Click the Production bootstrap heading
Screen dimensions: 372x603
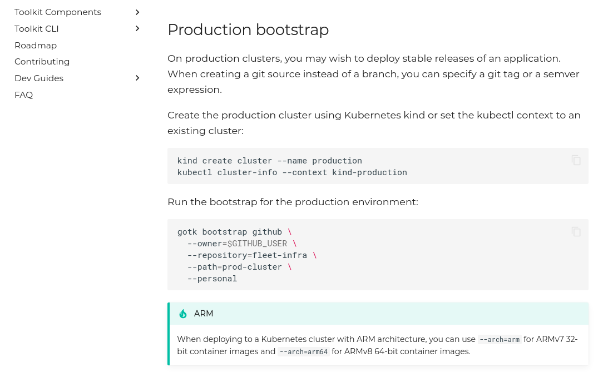point(248,29)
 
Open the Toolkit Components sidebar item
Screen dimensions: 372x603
point(58,12)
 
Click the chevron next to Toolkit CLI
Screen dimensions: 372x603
point(137,28)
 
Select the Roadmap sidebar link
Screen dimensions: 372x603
point(36,46)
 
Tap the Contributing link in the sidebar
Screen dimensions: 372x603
point(42,62)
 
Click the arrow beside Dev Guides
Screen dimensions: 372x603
point(137,78)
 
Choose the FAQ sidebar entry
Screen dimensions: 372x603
point(24,95)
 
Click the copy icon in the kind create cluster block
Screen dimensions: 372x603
point(576,160)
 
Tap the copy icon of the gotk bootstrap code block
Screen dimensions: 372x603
point(576,231)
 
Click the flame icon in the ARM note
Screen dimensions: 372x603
point(183,314)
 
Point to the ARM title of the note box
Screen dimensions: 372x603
point(204,314)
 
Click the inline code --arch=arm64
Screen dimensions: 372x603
point(304,351)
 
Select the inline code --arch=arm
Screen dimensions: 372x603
point(499,339)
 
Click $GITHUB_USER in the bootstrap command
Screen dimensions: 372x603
point(257,244)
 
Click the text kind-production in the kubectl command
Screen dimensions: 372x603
point(369,172)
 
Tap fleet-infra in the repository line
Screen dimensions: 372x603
point(279,255)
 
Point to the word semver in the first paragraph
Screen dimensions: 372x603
point(560,74)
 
